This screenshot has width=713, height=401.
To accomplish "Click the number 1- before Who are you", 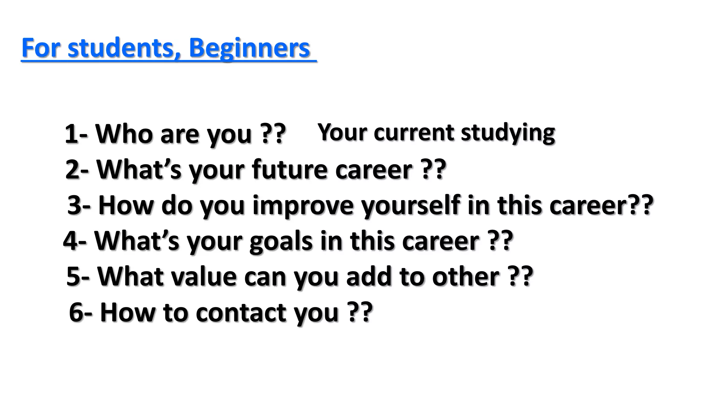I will click(76, 134).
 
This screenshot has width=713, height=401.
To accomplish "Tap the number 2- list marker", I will click(77, 170).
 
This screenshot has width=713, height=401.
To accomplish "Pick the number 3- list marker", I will click(79, 205).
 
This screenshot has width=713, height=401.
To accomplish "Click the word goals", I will click(281, 241).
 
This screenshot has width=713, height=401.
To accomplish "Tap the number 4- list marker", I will click(75, 241).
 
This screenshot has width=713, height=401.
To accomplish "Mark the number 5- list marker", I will click(78, 277).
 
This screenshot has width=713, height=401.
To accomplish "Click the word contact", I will click(241, 312).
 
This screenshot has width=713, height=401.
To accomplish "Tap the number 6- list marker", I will click(80, 312).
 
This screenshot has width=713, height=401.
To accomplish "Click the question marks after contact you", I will click(360, 312).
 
